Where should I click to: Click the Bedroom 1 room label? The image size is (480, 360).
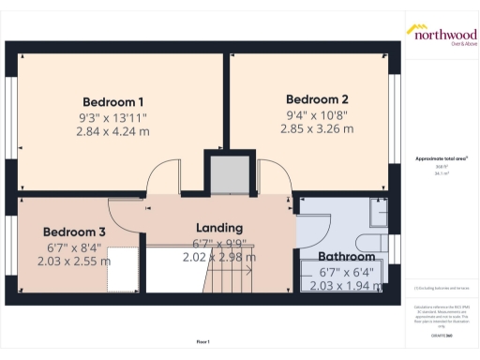(112, 101)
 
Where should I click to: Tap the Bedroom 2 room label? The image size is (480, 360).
(317, 99)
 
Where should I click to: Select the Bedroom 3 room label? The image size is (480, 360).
(74, 232)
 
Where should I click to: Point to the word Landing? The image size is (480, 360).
(218, 228)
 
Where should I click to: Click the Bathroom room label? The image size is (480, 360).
(346, 256)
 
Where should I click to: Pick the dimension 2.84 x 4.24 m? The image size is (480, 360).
(112, 132)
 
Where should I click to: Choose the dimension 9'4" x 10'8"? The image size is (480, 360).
(317, 115)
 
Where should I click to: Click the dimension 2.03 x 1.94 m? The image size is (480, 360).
(346, 286)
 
